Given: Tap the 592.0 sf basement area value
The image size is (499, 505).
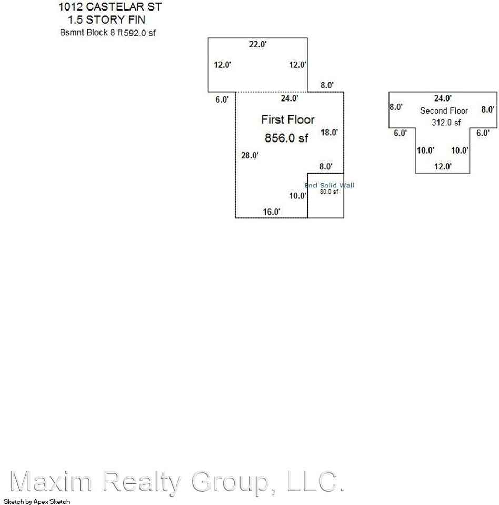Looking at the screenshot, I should [x=140, y=33].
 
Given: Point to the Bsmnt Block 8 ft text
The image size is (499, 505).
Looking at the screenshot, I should [x=90, y=33].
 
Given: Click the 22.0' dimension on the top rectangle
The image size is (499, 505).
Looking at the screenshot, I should [x=258, y=45].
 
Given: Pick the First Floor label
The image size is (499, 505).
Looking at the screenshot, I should [x=288, y=120].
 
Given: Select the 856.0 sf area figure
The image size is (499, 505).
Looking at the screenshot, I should [x=286, y=138].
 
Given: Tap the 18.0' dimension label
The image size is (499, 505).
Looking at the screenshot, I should [x=329, y=133].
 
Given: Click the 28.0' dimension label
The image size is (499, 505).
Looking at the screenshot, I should [x=249, y=155].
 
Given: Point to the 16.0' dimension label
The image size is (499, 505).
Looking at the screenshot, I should [x=272, y=211].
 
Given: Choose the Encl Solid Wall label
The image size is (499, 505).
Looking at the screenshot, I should [x=330, y=185].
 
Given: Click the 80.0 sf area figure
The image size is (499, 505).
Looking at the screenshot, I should [x=329, y=191].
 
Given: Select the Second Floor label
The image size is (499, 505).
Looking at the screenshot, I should [x=444, y=111].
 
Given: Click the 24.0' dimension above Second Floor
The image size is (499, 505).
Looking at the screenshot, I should [x=442, y=98].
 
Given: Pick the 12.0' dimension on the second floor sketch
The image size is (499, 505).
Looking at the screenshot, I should [x=442, y=166].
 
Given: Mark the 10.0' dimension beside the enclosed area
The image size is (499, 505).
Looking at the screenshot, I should [x=298, y=196].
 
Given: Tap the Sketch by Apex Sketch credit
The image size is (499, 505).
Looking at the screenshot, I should [x=36, y=501].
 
